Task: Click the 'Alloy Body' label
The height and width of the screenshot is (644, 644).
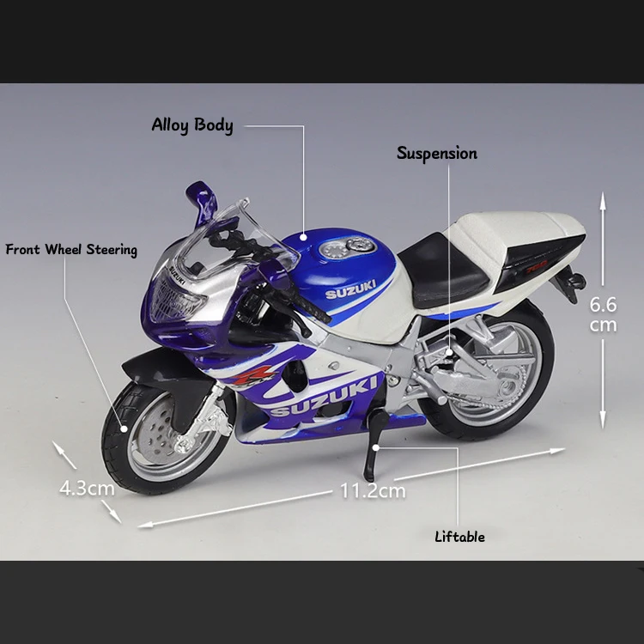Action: (x=192, y=125)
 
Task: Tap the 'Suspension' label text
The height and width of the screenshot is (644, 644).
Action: (x=436, y=154)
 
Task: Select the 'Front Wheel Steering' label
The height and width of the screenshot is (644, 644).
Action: (x=71, y=250)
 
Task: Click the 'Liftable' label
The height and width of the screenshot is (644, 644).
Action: (x=459, y=537)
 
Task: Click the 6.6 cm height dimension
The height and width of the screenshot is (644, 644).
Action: (x=603, y=313)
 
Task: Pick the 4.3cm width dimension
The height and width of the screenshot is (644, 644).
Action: (x=87, y=488)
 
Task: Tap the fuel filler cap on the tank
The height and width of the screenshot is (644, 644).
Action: (x=347, y=249)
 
